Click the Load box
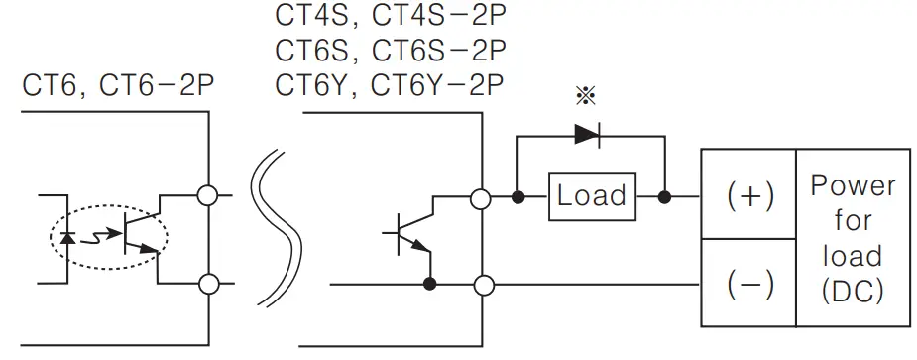[x=591, y=196]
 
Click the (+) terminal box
[x=748, y=195]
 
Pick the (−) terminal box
[x=748, y=286]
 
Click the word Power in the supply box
[x=853, y=185]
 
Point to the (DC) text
[x=853, y=292]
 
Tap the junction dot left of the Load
[x=517, y=197]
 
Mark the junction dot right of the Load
[x=664, y=197]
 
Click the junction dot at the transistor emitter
[x=430, y=286]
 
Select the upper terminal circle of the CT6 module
[x=209, y=196]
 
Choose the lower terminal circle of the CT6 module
[x=209, y=286]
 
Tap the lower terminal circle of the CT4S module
[x=482, y=286]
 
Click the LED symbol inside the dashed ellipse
[x=68, y=238]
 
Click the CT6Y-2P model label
[x=438, y=83]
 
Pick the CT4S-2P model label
[x=438, y=17]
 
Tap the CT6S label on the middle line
[x=316, y=50]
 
